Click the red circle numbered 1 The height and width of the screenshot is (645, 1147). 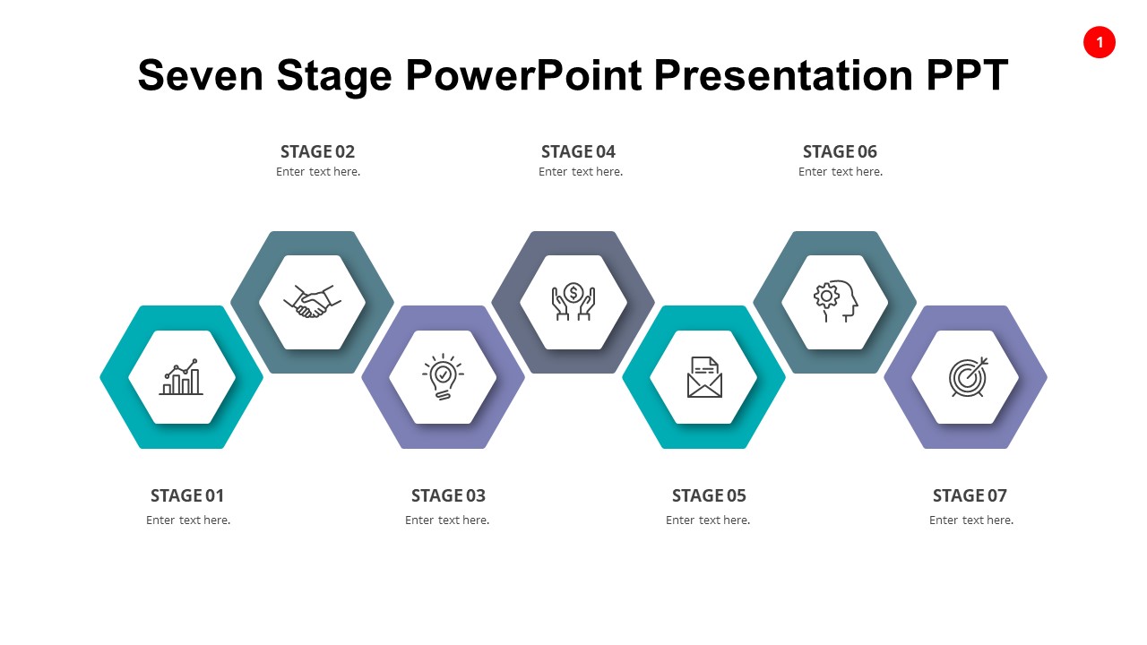[1099, 42]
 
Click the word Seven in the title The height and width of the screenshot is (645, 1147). [201, 75]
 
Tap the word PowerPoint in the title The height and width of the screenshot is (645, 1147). [524, 75]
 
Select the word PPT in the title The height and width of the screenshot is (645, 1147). [967, 75]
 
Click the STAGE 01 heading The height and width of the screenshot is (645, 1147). [187, 495]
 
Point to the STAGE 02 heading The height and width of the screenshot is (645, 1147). [317, 151]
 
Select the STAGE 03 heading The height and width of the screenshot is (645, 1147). [448, 495]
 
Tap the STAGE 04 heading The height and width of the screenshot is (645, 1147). [578, 151]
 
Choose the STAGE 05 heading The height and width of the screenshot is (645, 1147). [709, 495]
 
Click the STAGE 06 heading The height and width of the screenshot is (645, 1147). [840, 151]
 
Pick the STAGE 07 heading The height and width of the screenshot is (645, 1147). [970, 495]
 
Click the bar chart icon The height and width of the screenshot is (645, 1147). [181, 377]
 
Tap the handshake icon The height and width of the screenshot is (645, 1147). [312, 301]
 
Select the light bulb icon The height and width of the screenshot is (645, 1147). [443, 376]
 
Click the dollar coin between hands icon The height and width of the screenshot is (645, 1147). [573, 301]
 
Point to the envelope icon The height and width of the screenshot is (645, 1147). [704, 377]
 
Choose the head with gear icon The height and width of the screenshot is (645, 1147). [835, 301]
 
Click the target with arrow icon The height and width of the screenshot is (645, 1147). [967, 377]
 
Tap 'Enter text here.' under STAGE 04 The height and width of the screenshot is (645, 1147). [581, 172]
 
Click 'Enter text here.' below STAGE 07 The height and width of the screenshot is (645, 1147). [971, 520]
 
